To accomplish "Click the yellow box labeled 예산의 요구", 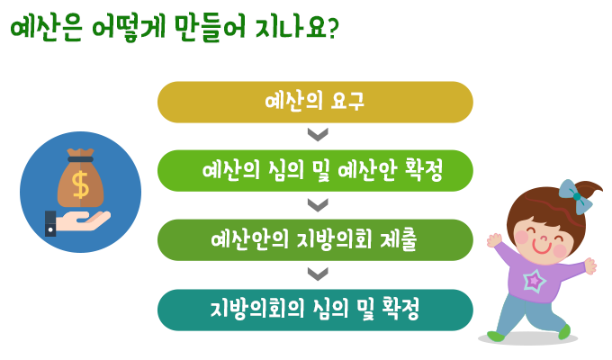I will (315, 102).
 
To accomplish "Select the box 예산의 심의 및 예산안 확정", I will (315, 171).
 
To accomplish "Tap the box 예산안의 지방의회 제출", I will (315, 240).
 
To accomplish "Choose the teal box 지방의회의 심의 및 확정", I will (315, 310).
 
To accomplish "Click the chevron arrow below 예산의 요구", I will (315, 135).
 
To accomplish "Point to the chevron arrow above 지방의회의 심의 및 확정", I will (315, 274).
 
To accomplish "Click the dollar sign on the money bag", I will (81, 184).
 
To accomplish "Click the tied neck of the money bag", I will (81, 158).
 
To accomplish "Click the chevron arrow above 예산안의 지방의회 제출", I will (315, 204).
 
